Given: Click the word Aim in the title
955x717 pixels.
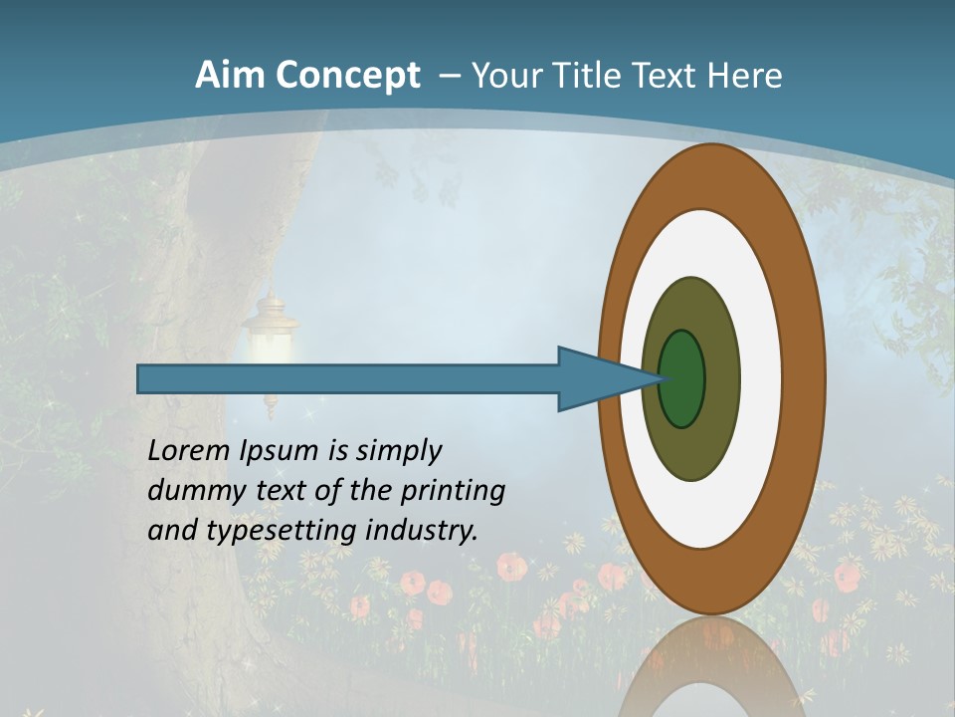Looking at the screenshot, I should [x=229, y=75].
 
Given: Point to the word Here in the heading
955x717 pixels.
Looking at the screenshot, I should [x=745, y=75].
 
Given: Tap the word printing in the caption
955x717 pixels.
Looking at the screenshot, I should [x=453, y=492].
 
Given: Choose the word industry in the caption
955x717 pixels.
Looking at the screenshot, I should [x=422, y=531].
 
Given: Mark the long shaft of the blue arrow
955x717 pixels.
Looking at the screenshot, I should [x=348, y=379].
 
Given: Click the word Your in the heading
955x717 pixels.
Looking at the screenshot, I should [x=506, y=75].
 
